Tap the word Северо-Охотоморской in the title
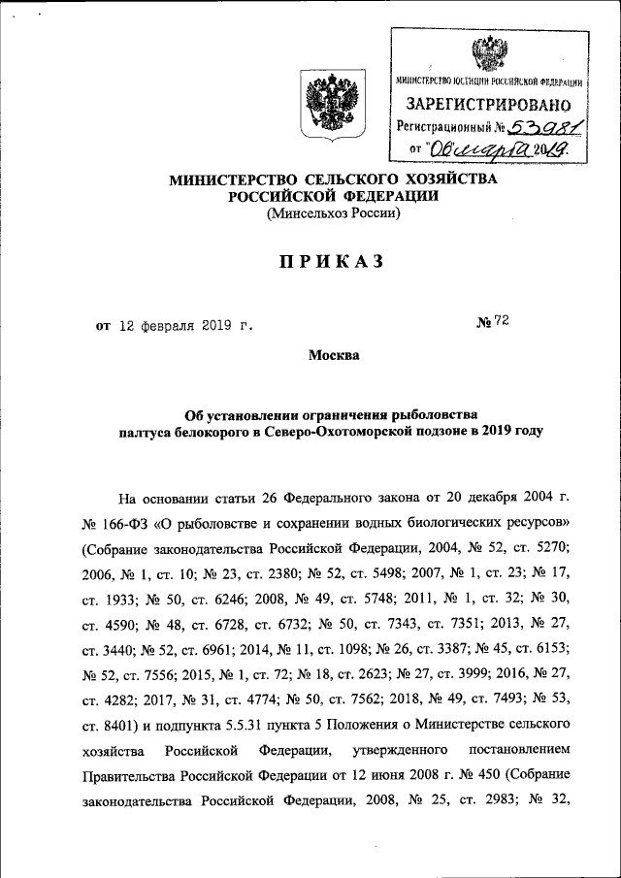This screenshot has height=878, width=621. pos(327,432)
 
